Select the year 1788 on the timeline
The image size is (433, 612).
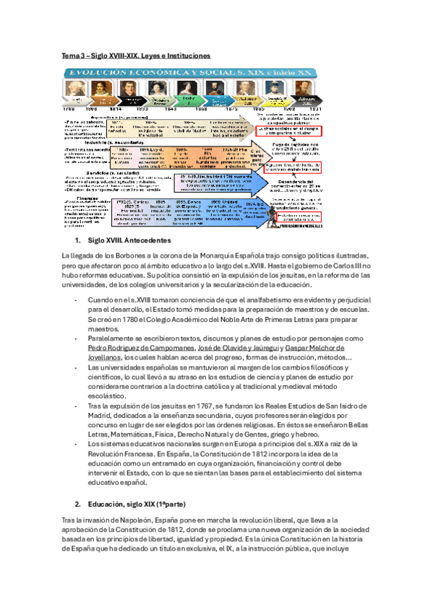[70, 108]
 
